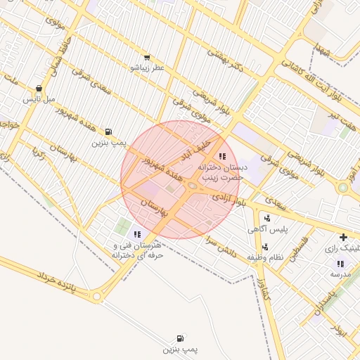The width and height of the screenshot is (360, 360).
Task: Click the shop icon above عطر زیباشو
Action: click(146, 58)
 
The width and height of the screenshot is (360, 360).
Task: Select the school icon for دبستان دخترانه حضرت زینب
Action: click(222, 156)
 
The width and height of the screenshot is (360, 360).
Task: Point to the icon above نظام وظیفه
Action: click(265, 247)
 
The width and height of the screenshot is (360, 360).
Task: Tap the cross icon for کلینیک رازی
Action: click(343, 238)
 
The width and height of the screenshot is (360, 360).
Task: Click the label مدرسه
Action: click(340, 274)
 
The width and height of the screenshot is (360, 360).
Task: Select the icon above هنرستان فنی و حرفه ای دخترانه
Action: click(137, 234)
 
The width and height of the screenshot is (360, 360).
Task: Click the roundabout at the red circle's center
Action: click(192, 186)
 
